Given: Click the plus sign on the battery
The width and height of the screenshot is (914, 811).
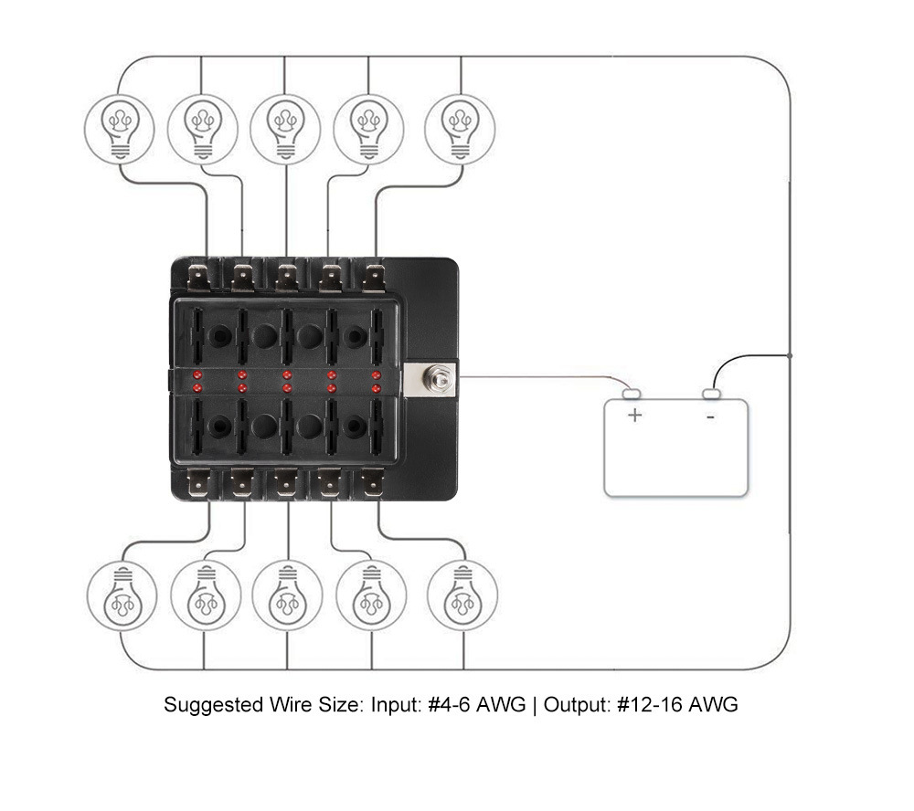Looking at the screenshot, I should click(635, 416).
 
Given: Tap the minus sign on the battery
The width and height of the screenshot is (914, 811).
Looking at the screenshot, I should click(711, 416).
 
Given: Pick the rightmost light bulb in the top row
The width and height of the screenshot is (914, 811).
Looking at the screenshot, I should click(461, 124).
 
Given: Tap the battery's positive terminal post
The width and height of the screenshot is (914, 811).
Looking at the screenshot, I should click(632, 395).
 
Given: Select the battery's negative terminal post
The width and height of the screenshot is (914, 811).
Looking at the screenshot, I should click(711, 395).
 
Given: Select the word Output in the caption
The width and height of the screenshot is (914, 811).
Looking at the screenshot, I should click(576, 706).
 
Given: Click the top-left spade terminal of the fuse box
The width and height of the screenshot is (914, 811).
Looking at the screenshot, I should click(197, 274).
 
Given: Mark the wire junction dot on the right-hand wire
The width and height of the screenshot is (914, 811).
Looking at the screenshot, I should click(790, 354).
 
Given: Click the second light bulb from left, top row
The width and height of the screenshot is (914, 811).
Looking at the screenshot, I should click(203, 124).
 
